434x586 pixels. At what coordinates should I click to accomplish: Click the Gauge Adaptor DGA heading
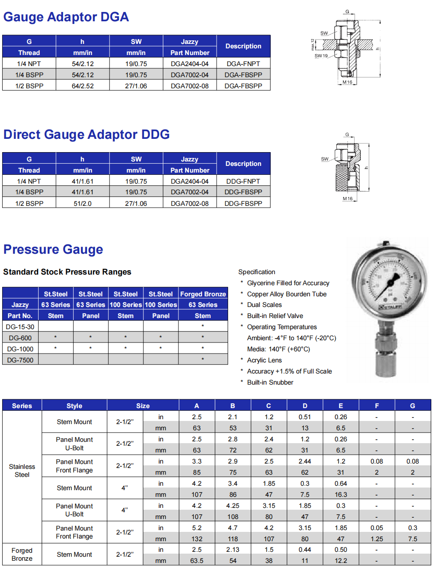pyautogui.click(x=66, y=17)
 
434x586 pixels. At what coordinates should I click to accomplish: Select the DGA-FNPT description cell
pyautogui.click(x=243, y=64)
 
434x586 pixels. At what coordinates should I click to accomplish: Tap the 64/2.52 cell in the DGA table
pyautogui.click(x=83, y=86)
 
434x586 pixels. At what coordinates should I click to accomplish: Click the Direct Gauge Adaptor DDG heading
pyautogui.click(x=87, y=134)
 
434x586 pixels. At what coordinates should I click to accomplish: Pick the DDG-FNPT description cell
pyautogui.click(x=243, y=181)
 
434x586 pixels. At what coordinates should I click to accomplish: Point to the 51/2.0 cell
pyautogui.click(x=83, y=204)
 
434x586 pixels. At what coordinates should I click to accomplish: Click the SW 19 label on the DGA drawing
pyautogui.click(x=321, y=56)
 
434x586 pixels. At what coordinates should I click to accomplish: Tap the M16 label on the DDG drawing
pyautogui.click(x=347, y=199)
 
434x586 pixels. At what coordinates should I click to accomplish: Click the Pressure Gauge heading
pyautogui.click(x=53, y=249)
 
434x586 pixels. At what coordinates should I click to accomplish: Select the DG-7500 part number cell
pyautogui.click(x=20, y=360)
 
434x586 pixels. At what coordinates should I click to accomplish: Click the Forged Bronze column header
pyautogui.click(x=203, y=294)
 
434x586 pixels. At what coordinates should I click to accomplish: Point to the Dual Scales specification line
pyautogui.click(x=264, y=305)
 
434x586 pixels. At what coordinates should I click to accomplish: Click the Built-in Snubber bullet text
pyautogui.click(x=270, y=382)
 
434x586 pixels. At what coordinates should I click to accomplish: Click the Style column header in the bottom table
pyautogui.click(x=75, y=406)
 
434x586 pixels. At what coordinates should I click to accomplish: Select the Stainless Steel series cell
pyautogui.click(x=22, y=471)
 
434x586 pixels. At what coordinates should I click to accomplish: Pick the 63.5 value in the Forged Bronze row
pyautogui.click(x=197, y=561)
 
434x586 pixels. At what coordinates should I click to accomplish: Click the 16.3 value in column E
pyautogui.click(x=341, y=495)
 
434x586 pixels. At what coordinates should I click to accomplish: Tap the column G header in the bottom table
pyautogui.click(x=413, y=406)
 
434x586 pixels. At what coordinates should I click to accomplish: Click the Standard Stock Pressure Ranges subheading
pyautogui.click(x=67, y=272)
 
